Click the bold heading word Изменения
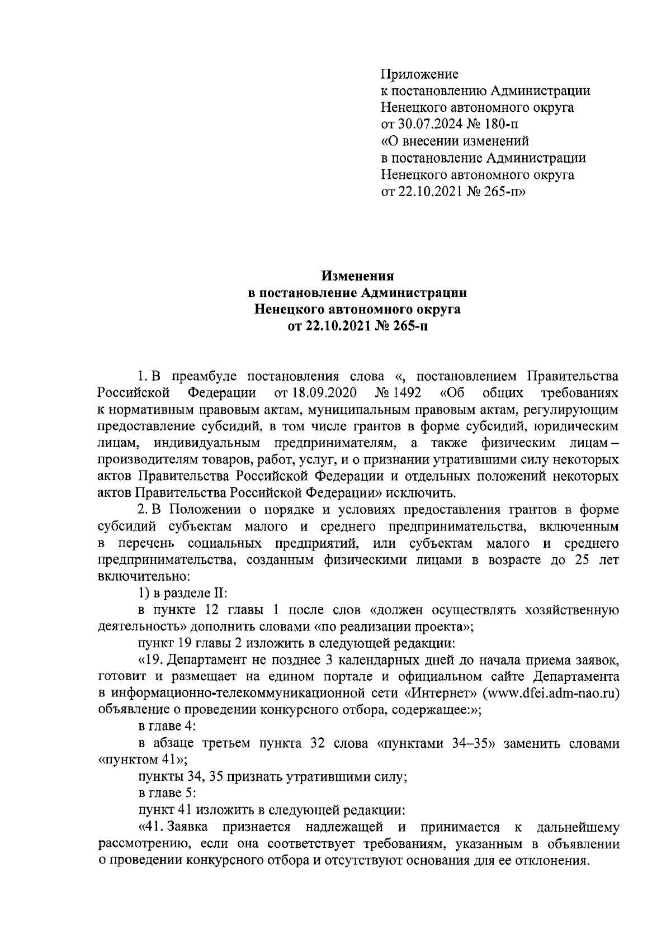357,276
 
